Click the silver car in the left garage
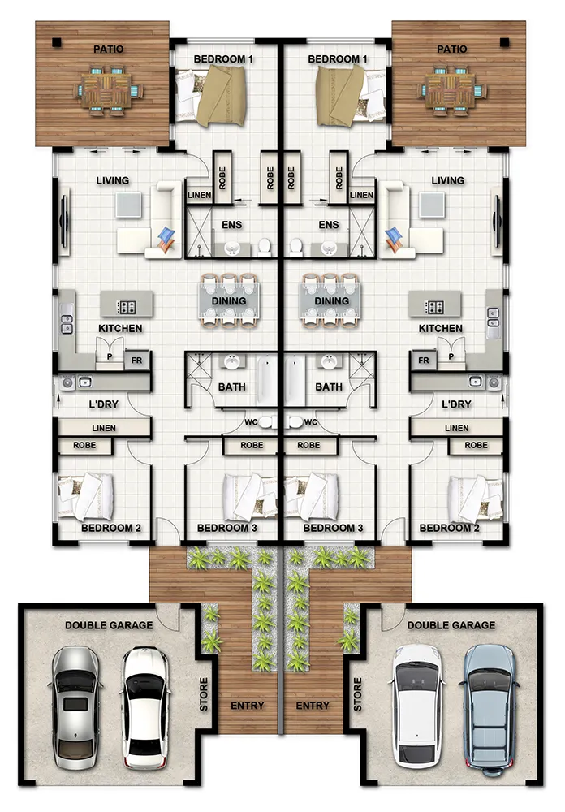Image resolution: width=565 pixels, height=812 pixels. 75,707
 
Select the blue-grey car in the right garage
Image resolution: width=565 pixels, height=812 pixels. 490,710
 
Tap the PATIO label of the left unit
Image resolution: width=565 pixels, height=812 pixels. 108,50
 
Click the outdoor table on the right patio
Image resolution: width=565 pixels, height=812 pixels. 453,89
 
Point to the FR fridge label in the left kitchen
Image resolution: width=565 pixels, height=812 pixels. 136,361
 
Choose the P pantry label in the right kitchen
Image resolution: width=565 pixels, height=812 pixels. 451,356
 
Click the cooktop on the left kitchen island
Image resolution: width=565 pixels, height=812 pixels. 127,307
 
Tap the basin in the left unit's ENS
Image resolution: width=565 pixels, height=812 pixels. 231,249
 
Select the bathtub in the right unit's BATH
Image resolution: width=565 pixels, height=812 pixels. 294,379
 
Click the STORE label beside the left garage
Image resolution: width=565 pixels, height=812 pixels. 204,694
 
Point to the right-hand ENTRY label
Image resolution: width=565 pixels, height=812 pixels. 313,706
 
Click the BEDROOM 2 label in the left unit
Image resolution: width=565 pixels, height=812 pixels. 111,529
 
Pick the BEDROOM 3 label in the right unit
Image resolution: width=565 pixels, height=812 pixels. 333,529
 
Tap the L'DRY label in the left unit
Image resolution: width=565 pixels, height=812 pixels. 104,404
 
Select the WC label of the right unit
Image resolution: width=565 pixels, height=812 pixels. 311,422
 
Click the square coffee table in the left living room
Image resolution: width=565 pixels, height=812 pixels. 128,205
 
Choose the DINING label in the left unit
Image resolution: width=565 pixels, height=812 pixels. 228,301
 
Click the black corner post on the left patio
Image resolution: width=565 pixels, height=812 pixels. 57,43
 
